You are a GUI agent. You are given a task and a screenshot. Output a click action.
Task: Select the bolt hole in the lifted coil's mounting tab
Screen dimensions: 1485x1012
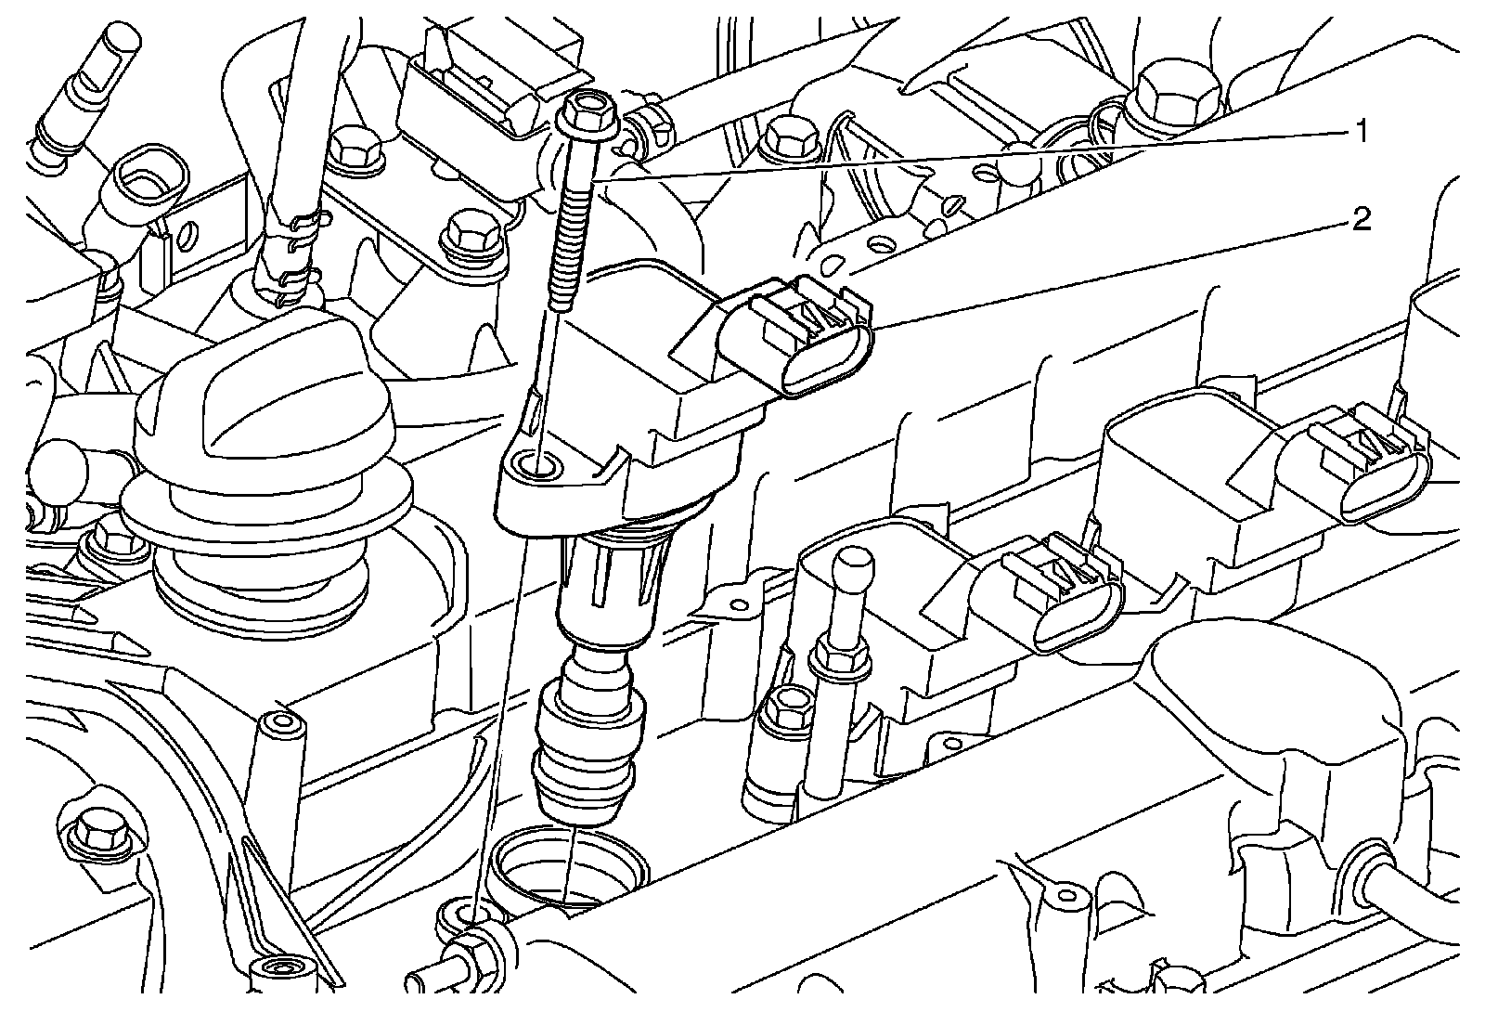click(x=537, y=463)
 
